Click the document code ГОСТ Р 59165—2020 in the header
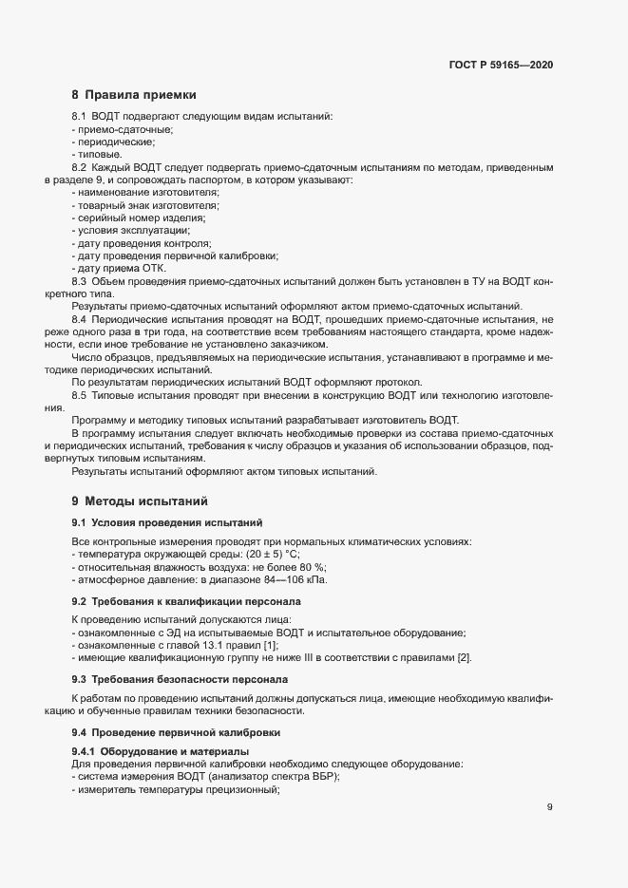click(501, 65)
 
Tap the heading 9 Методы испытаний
click(139, 501)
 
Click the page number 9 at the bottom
click(550, 807)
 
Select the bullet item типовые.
click(98, 153)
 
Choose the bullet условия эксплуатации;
click(132, 230)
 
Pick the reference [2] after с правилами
click(464, 658)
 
